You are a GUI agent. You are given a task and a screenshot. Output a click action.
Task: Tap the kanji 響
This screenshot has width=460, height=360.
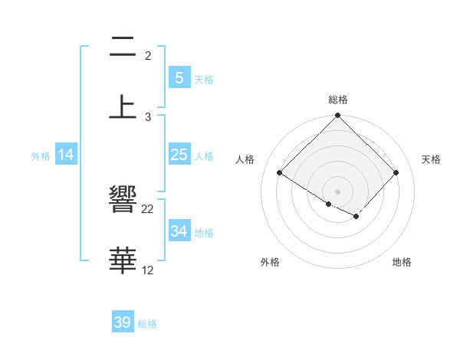123,201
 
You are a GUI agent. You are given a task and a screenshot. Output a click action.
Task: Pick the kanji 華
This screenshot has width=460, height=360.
123,260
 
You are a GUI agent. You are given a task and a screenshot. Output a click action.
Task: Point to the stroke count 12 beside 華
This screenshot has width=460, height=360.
148,270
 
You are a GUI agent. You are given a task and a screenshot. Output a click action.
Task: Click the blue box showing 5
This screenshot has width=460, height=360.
179,78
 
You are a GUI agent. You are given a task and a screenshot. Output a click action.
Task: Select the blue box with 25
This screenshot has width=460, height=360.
179,155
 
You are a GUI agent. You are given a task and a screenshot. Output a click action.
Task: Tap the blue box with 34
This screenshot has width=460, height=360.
179,231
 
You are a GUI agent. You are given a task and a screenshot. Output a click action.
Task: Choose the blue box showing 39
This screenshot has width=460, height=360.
122,322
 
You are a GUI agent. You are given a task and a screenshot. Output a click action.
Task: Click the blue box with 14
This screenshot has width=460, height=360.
66,155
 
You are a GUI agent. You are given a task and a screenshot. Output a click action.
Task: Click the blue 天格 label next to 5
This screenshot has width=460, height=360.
204,79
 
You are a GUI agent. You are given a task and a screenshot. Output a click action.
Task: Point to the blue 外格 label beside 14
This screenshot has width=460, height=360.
41,155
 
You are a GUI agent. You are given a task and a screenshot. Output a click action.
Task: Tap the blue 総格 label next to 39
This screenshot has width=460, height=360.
147,323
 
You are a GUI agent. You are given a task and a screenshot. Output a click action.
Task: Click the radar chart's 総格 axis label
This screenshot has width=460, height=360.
338,100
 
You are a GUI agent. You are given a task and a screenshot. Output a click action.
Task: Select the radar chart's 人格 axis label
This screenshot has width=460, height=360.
245,159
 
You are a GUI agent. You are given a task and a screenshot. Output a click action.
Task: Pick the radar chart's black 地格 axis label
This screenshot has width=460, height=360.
402,262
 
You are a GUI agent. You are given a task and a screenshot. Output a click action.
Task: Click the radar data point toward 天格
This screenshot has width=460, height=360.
396,173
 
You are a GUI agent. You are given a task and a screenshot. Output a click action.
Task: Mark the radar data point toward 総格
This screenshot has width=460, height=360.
337,116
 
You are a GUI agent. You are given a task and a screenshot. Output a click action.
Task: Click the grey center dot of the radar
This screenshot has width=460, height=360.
337,191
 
